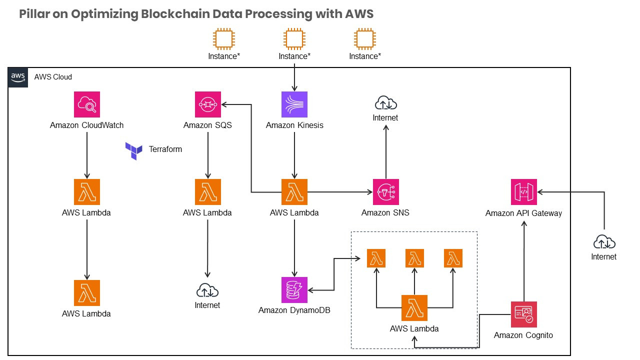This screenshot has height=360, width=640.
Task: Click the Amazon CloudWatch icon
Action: point(86,104)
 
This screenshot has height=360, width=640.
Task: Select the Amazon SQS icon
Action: point(207,104)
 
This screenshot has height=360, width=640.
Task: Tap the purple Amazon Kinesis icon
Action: point(294,104)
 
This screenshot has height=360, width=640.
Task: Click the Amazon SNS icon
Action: point(385,192)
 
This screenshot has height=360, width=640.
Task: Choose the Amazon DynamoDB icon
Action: point(294,290)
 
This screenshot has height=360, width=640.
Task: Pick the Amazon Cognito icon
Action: point(523,314)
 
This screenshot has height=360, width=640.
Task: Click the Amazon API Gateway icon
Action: point(523,192)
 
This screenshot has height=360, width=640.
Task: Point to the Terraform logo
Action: point(134,150)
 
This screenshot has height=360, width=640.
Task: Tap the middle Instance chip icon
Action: point(294,38)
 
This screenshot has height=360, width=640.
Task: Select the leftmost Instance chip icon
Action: point(223,38)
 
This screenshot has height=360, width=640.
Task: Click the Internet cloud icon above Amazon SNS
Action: point(385,103)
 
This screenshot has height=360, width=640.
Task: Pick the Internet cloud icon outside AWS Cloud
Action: point(604,243)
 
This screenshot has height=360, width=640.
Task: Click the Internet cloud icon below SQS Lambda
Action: point(207,290)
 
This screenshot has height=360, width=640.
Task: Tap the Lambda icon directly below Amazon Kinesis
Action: point(294,192)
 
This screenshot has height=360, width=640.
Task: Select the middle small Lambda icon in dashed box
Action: point(414,258)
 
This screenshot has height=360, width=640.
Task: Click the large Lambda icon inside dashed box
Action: point(414,308)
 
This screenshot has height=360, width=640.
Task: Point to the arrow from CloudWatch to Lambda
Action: point(87,155)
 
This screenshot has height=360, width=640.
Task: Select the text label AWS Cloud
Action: point(53,77)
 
